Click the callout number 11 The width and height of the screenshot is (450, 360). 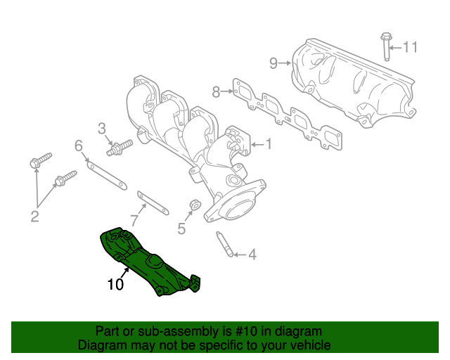click(410, 47)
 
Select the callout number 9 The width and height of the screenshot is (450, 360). click(274, 64)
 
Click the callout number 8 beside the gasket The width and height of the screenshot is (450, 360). click(217, 91)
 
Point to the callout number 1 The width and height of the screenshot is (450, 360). click(268, 144)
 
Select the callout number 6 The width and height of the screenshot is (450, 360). click(79, 146)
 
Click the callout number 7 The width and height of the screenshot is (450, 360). click(134, 221)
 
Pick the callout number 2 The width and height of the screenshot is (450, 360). click(34, 216)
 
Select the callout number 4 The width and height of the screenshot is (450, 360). click(252, 255)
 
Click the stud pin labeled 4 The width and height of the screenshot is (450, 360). click(224, 244)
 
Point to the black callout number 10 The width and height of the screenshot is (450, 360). click(115, 284)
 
